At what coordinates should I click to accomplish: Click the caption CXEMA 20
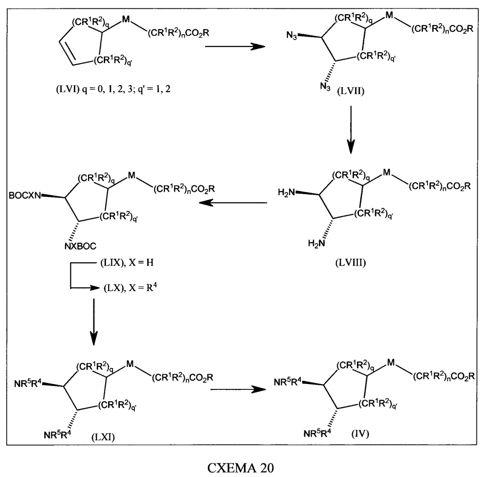click(x=241, y=468)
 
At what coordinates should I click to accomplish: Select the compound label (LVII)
click(x=351, y=91)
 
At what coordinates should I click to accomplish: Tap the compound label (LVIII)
click(x=351, y=263)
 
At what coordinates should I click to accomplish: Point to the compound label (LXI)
click(x=103, y=437)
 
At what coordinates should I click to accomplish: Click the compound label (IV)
click(x=360, y=433)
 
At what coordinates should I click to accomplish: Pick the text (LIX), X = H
click(x=127, y=262)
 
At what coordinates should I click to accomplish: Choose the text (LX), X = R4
click(x=130, y=287)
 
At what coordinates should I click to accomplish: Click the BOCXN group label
click(x=24, y=196)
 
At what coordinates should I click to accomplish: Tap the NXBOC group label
click(x=81, y=247)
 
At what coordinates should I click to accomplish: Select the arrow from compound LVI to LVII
click(x=235, y=47)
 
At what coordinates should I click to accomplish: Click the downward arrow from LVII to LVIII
click(x=351, y=130)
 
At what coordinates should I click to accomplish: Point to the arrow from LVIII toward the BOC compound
click(x=233, y=203)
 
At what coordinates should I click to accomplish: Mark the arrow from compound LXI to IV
click(x=238, y=389)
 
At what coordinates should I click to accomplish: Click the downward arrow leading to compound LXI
click(x=93, y=322)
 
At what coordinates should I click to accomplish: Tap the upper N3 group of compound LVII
click(x=292, y=35)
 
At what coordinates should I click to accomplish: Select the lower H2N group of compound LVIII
click(x=316, y=243)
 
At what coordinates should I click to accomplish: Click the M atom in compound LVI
click(x=126, y=20)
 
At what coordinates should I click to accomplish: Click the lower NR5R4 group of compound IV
click(x=317, y=433)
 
